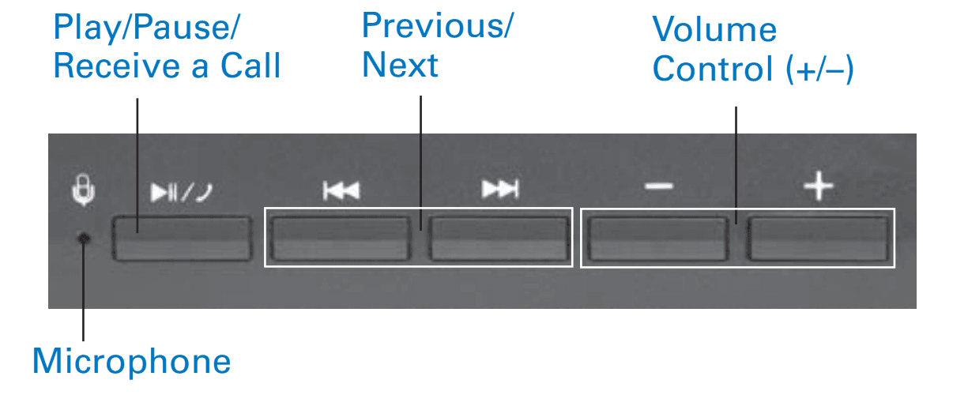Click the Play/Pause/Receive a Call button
(x=181, y=236)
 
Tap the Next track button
(x=500, y=237)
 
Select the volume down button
(x=657, y=238)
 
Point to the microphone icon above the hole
(x=83, y=192)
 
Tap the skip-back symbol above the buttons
(x=341, y=190)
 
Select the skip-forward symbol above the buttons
(x=500, y=190)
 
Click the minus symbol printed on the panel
(x=657, y=187)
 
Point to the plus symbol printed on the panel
(x=819, y=187)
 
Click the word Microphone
(x=131, y=362)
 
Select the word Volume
(x=714, y=30)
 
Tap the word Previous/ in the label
(x=437, y=26)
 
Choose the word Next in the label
(x=400, y=65)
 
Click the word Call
(x=250, y=66)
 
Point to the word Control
(x=713, y=70)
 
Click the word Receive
(x=110, y=66)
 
